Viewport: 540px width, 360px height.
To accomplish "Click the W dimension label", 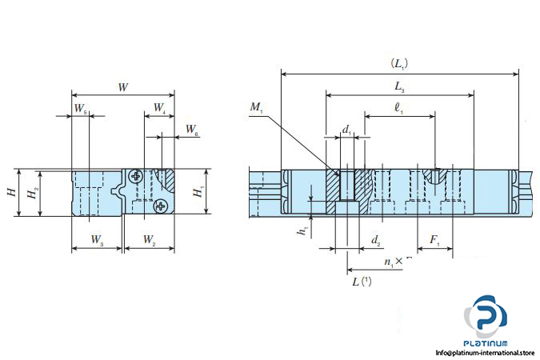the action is (x=123, y=87).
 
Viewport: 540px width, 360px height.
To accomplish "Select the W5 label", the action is (x=81, y=109).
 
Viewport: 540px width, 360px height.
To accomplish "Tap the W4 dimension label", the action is (x=159, y=108).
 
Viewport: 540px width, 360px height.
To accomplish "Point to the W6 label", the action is (x=192, y=130).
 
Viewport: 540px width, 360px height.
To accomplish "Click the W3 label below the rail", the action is (x=97, y=240).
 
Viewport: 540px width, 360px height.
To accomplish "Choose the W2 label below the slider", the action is (x=149, y=240).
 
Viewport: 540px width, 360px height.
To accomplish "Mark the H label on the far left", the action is (x=12, y=192).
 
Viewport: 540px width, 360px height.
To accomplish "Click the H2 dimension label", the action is (x=33, y=193).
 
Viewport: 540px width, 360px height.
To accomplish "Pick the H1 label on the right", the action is (x=198, y=192).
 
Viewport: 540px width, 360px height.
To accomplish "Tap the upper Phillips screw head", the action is (x=136, y=176).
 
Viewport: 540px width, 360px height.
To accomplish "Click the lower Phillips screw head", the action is (x=160, y=206).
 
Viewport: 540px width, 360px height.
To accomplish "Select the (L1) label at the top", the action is (x=399, y=64).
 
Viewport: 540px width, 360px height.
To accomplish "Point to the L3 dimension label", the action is (x=399, y=86).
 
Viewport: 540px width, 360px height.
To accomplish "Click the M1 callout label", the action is (x=257, y=107).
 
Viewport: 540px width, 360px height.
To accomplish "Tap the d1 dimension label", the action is (x=346, y=130).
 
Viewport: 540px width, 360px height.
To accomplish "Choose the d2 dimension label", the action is (x=376, y=240).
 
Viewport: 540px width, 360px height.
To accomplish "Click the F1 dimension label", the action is (x=434, y=240).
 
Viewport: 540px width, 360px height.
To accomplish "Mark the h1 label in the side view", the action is (x=302, y=231).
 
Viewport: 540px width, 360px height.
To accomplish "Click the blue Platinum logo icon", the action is (x=486, y=316).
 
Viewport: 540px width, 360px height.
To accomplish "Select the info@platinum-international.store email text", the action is (x=486, y=353).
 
